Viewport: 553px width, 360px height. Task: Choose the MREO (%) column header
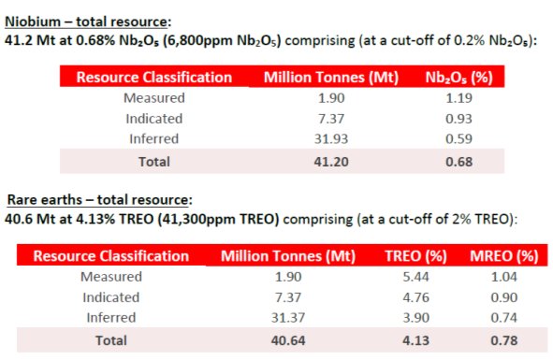pyautogui.click(x=503, y=255)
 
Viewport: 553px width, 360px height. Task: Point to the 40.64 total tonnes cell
pyautogui.click(x=280, y=340)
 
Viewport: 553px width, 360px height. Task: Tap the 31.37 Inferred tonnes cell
pyautogui.click(x=280, y=319)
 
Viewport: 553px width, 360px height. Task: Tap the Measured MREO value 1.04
pyautogui.click(x=502, y=276)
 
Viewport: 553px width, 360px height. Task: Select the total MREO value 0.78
pyautogui.click(x=502, y=340)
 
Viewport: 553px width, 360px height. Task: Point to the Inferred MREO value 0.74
pyautogui.click(x=502, y=319)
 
